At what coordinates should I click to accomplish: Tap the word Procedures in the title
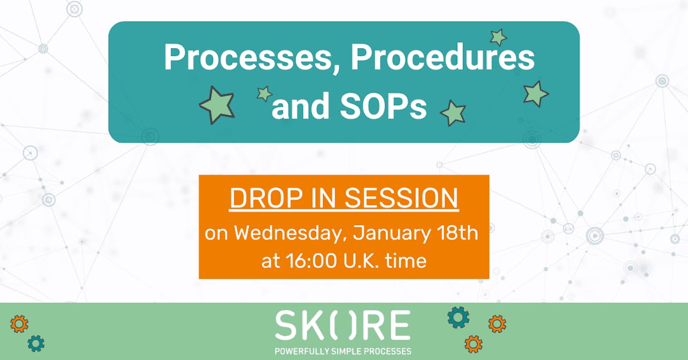(443, 57)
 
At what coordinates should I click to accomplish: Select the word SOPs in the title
(383, 105)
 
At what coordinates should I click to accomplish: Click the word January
(392, 234)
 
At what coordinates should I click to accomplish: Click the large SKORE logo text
(342, 325)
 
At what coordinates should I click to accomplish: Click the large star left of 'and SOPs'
(217, 105)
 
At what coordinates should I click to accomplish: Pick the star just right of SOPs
(453, 113)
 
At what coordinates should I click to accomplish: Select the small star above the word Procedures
(498, 37)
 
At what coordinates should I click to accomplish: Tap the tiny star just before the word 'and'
(264, 93)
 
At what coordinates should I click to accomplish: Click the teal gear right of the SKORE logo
(458, 317)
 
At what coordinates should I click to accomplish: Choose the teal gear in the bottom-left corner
(36, 343)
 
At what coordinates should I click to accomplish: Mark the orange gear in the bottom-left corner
(19, 324)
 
